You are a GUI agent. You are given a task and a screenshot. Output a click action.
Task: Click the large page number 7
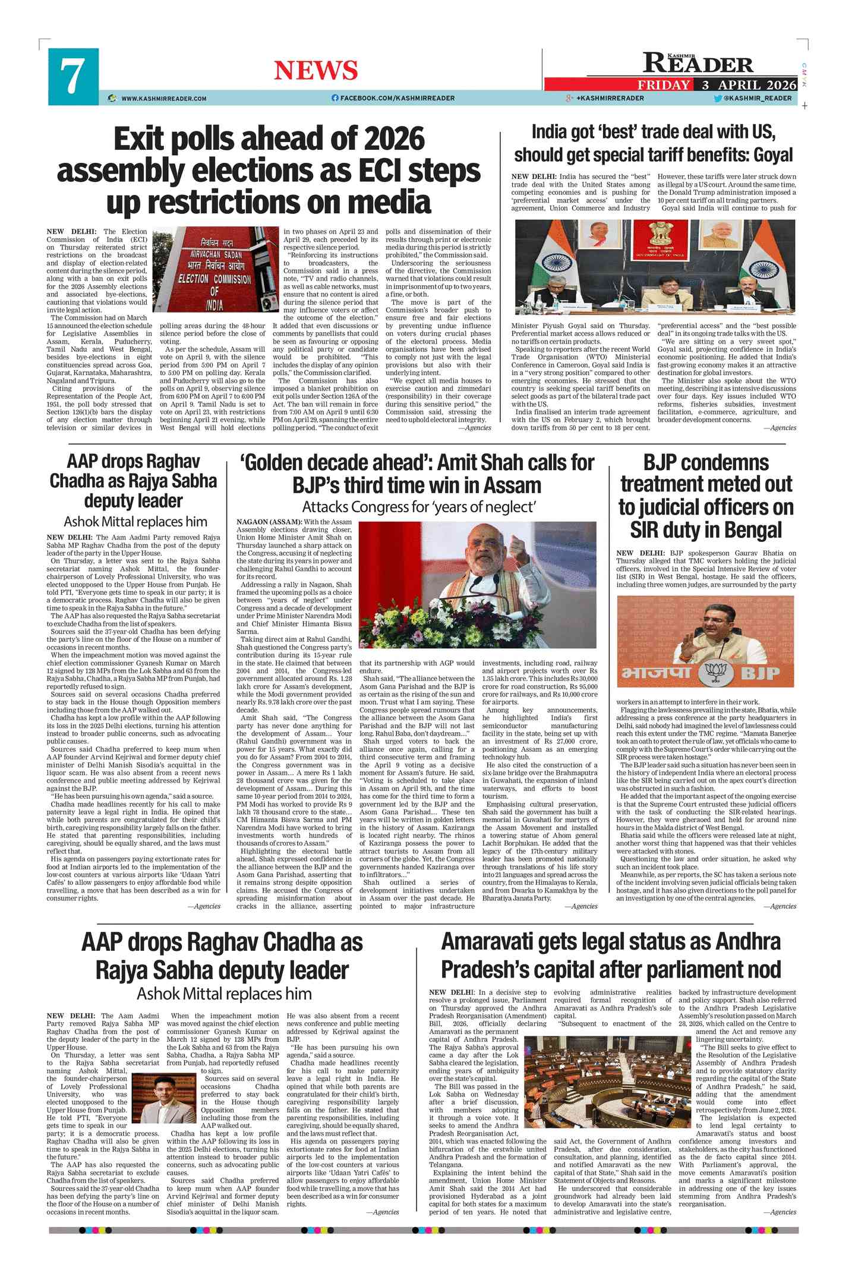click(x=72, y=77)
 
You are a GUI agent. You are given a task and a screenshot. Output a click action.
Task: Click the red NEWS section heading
click(x=316, y=71)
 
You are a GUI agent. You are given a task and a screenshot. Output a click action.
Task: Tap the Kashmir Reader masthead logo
click(x=698, y=63)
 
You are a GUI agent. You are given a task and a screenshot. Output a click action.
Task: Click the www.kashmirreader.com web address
click(x=163, y=99)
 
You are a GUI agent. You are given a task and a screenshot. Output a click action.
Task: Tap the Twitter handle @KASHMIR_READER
click(x=758, y=98)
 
